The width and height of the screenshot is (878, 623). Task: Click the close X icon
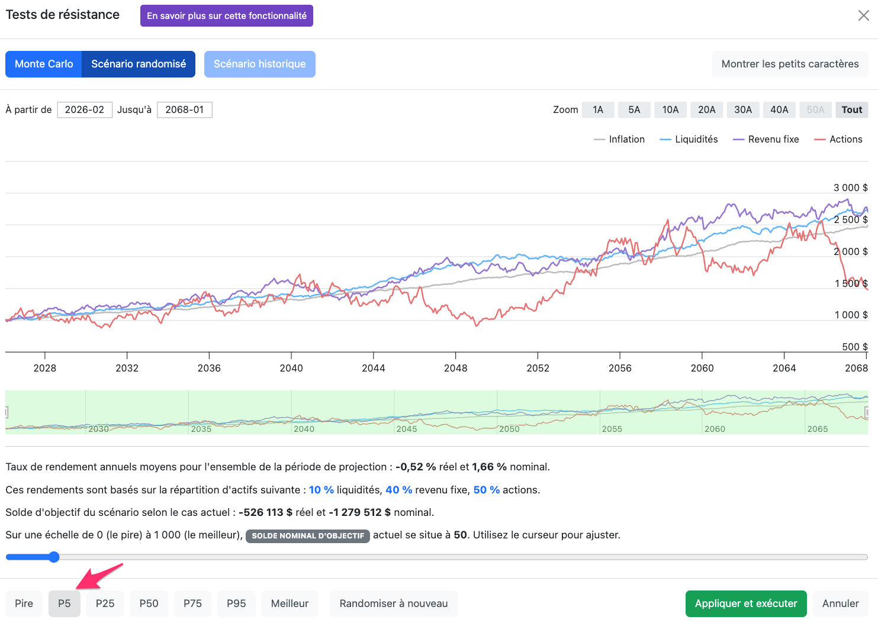click(x=864, y=15)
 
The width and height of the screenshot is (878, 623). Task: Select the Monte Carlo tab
click(x=43, y=64)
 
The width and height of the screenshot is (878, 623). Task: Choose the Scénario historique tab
click(x=259, y=64)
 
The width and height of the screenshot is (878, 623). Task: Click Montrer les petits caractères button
click(x=790, y=64)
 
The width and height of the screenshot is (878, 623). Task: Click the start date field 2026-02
click(x=85, y=109)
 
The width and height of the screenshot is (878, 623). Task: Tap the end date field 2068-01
click(x=185, y=109)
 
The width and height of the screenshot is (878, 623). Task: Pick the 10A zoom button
click(x=670, y=109)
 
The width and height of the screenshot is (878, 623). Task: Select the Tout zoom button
click(x=852, y=109)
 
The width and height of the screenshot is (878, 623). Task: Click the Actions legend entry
click(x=838, y=140)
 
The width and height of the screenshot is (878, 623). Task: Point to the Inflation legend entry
click(x=619, y=140)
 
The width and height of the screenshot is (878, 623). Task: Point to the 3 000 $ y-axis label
click(x=851, y=188)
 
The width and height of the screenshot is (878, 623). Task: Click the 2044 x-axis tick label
click(x=373, y=368)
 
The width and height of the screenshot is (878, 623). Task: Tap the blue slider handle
click(x=54, y=557)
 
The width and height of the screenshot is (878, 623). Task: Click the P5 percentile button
click(x=65, y=603)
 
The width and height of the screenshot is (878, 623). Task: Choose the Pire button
click(x=24, y=603)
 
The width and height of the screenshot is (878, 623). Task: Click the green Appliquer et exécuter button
click(x=746, y=603)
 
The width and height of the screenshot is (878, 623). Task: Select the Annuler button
click(x=840, y=603)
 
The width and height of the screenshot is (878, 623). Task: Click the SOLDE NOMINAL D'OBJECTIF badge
click(x=308, y=535)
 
